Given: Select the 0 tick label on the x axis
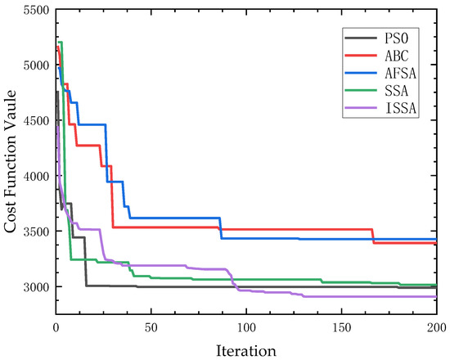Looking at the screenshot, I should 56,326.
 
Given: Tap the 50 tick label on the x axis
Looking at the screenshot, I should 151,326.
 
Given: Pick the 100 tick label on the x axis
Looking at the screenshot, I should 245,326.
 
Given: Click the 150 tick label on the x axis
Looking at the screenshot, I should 341,326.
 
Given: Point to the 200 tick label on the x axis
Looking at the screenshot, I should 435,326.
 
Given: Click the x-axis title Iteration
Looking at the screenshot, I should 245,349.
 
